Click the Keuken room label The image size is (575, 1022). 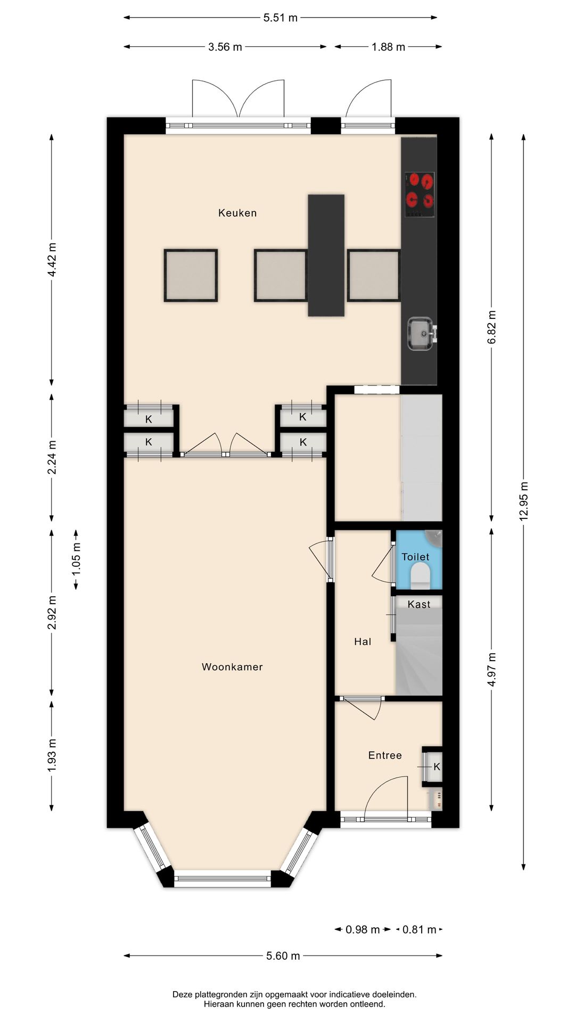click(237, 213)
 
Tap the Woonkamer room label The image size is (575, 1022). click(232, 667)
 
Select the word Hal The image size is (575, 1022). click(363, 641)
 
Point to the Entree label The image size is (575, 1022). click(385, 755)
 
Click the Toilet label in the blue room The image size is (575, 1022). click(415, 557)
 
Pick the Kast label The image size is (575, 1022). click(419, 604)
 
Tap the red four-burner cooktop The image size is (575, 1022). click(420, 194)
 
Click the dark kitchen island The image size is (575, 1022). click(326, 256)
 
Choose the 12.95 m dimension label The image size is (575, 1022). click(524, 501)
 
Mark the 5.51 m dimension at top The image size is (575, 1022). click(281, 18)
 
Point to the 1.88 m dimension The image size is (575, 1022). click(389, 47)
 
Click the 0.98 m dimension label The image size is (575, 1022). click(363, 929)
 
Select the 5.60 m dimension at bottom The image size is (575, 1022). click(283, 955)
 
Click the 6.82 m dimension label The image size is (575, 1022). click(492, 327)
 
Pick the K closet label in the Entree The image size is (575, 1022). click(437, 767)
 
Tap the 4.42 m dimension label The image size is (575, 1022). click(52, 259)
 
